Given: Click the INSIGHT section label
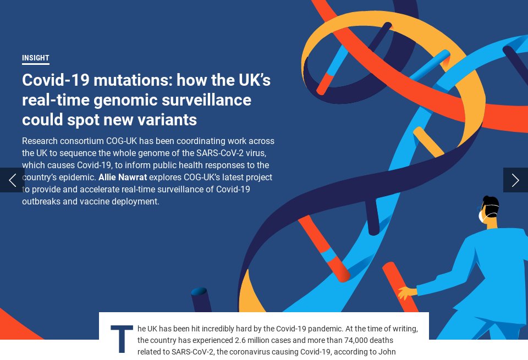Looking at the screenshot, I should point(36,58).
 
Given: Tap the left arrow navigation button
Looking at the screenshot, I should point(12,180).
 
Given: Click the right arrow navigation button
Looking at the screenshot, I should point(515,180).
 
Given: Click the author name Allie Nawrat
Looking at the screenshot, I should point(123,178).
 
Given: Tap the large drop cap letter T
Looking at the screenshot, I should point(122,339).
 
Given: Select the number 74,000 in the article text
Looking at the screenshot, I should point(316,340).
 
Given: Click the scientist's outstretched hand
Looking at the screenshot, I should point(407,292).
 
